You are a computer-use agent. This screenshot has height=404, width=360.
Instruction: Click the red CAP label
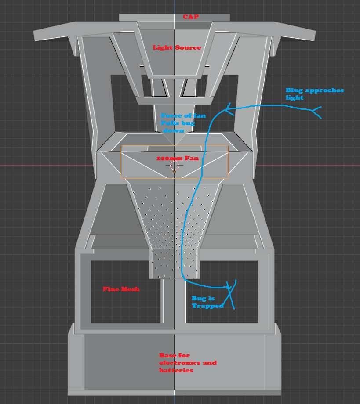191,17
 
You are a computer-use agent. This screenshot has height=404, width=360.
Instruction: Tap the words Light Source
177,47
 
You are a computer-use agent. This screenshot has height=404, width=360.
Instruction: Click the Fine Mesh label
121,289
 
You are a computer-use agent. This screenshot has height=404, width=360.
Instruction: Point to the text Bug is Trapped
207,302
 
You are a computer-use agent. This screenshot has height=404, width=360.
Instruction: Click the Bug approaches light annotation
314,94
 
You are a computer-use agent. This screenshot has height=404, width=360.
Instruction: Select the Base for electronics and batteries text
188,363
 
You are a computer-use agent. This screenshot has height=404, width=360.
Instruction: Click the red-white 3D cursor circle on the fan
175,166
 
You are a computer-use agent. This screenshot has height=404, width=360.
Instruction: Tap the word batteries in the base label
176,371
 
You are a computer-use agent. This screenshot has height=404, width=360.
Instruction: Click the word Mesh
131,289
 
